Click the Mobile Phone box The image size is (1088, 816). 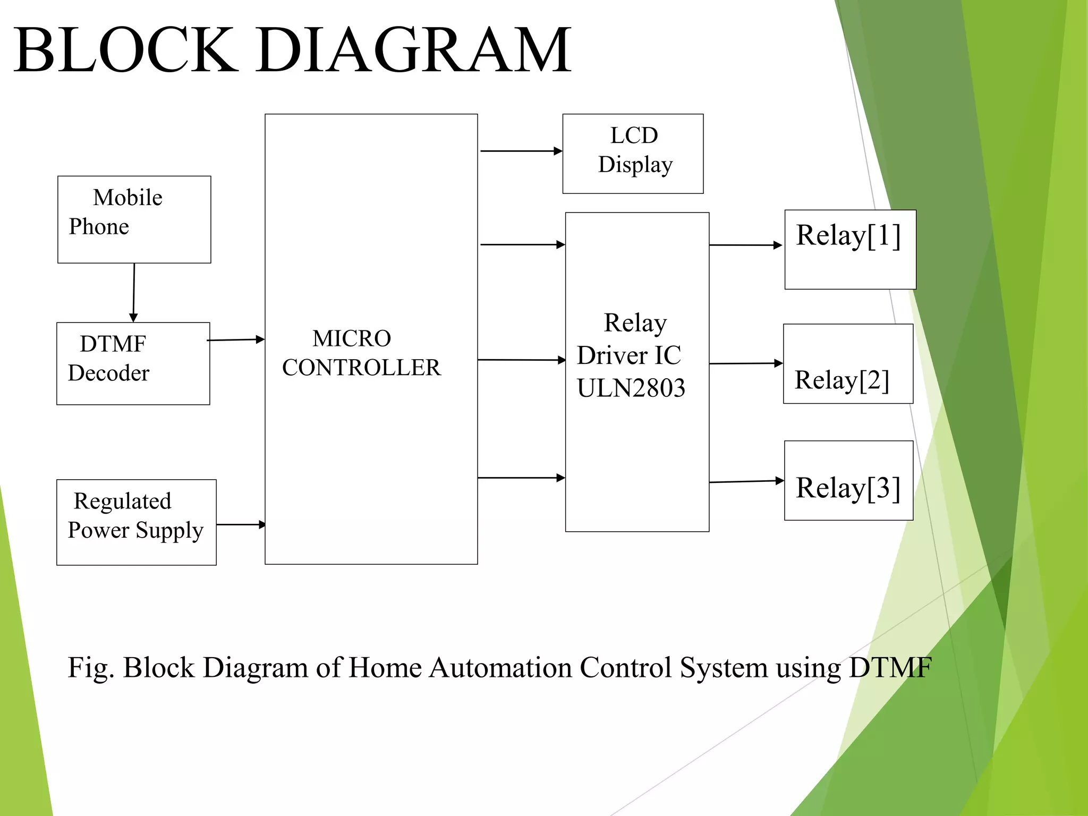click(134, 219)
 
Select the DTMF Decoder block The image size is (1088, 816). click(133, 363)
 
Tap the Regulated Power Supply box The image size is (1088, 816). click(136, 522)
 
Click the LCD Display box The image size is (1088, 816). click(633, 154)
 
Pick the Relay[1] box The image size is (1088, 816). click(850, 250)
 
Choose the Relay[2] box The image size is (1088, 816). click(848, 364)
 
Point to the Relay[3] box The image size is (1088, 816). click(848, 480)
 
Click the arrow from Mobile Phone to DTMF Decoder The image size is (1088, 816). click(133, 292)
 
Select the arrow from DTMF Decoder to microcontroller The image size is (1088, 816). click(235, 339)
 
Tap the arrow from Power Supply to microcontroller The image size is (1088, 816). click(241, 524)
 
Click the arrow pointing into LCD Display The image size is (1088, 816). click(521, 151)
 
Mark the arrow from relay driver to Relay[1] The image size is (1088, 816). click(745, 245)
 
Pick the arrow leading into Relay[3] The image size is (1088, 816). click(746, 481)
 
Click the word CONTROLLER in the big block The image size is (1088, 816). click(361, 368)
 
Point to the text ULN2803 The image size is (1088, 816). click(631, 388)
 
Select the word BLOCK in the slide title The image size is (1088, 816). click(125, 50)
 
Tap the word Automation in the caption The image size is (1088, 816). click(500, 667)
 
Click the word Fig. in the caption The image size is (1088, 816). click(90, 667)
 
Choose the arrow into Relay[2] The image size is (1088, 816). click(745, 363)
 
